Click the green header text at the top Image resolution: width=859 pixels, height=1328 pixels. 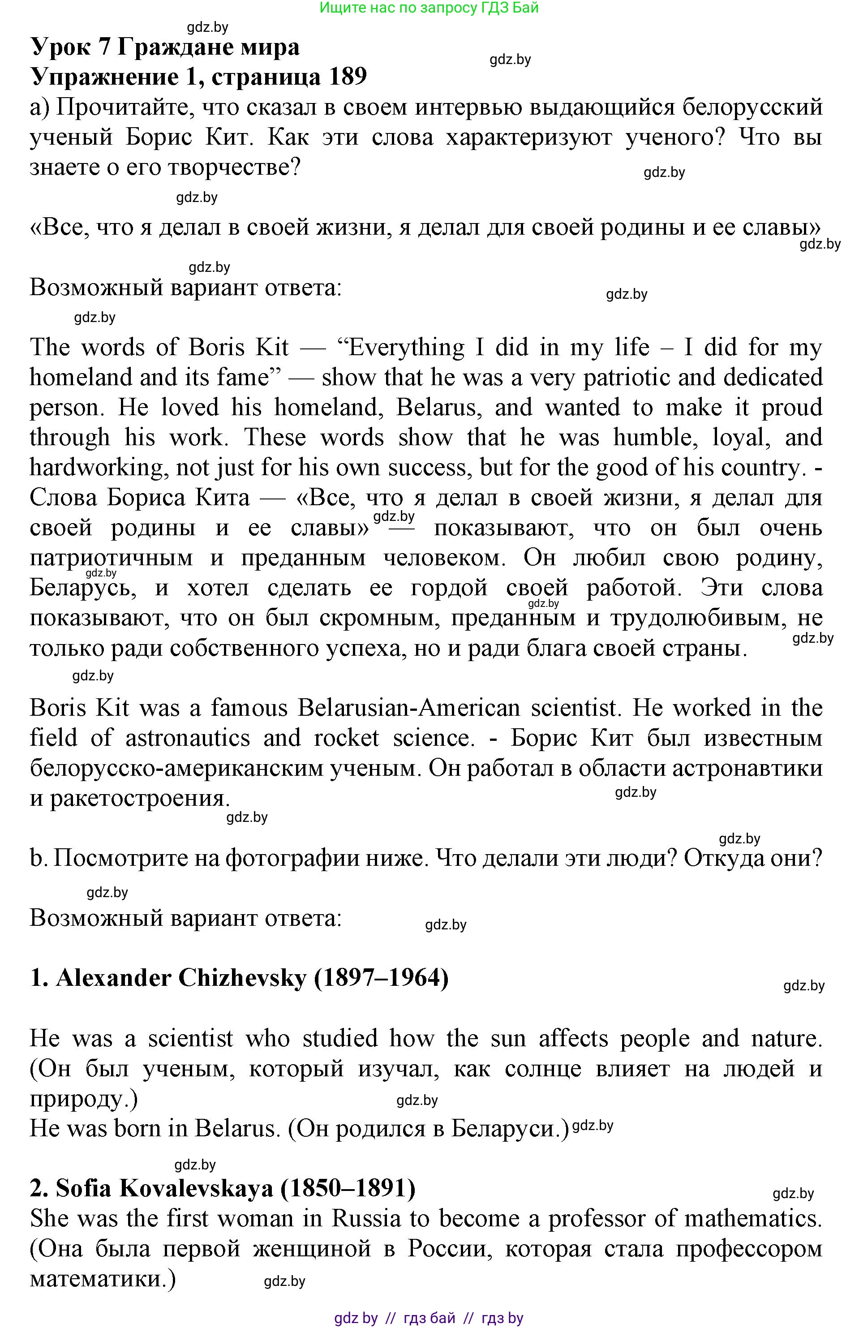[x=429, y=8]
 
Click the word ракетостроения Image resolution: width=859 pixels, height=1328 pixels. [x=139, y=799]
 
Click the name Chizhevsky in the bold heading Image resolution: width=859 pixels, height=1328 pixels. [x=242, y=978]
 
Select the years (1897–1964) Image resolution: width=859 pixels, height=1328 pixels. [x=382, y=978]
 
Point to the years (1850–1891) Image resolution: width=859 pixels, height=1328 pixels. [x=348, y=1189]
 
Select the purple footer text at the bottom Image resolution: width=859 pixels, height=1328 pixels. [x=429, y=1319]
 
